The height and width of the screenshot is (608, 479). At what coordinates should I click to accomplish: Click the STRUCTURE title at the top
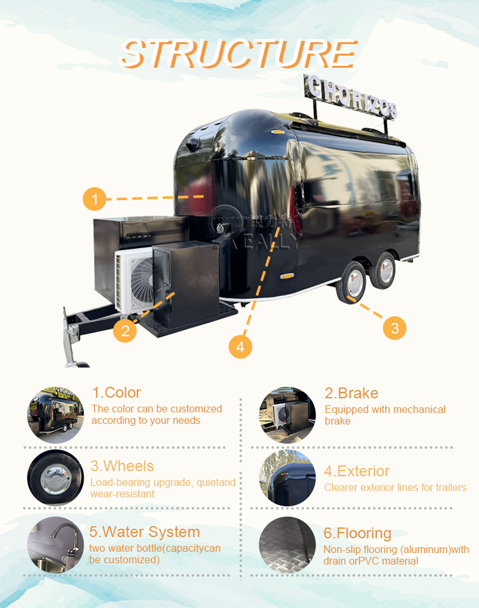(x=239, y=54)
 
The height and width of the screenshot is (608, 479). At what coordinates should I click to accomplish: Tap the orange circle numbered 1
(x=95, y=199)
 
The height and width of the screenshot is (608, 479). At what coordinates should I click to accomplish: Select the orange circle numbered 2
(x=125, y=331)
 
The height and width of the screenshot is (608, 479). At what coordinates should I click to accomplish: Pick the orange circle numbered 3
(x=395, y=328)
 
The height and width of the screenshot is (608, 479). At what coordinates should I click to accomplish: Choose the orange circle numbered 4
(x=240, y=347)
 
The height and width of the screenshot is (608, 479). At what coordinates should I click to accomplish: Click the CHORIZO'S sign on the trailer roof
(x=351, y=97)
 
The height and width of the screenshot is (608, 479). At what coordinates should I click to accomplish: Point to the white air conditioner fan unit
(x=135, y=281)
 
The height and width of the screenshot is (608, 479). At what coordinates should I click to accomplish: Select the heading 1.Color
(x=116, y=393)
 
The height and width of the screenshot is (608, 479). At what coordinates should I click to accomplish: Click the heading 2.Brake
(x=351, y=393)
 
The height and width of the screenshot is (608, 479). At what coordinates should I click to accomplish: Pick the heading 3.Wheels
(x=122, y=466)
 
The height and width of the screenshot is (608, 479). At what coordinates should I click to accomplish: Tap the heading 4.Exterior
(x=356, y=471)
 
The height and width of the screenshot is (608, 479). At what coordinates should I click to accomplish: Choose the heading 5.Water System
(x=144, y=532)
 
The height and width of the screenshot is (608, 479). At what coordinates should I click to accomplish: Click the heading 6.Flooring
(x=358, y=533)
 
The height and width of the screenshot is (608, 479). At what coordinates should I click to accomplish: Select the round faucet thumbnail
(x=56, y=545)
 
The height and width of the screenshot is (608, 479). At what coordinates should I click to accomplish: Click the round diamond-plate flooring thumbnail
(x=287, y=545)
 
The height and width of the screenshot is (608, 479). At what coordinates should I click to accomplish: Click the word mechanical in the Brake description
(x=414, y=409)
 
